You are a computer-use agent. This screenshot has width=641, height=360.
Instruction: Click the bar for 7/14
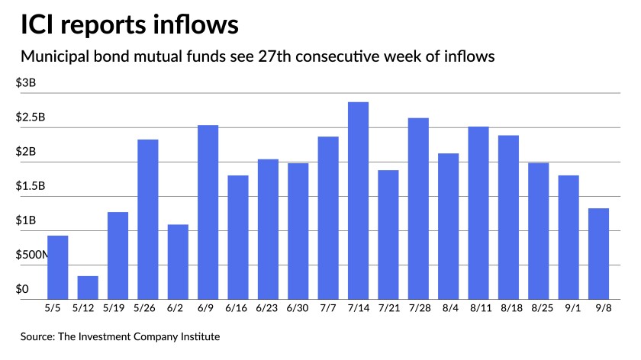[358, 201]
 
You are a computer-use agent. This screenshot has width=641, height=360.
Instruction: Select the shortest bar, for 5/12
[88, 288]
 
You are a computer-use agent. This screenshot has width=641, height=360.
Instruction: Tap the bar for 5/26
[148, 220]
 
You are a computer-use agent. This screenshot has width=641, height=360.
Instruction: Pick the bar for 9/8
[598, 254]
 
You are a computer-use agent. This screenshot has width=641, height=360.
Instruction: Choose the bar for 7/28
[418, 208]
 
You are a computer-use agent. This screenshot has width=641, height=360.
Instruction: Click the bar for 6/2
[178, 262]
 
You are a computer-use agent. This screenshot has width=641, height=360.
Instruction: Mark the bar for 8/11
[478, 213]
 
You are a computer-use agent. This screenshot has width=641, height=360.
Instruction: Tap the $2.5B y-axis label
[31, 117]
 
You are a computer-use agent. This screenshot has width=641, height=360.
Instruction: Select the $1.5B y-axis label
[31, 186]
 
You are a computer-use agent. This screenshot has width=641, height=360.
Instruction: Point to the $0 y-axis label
[22, 289]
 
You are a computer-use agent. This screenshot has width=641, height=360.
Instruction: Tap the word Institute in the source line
[205, 336]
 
